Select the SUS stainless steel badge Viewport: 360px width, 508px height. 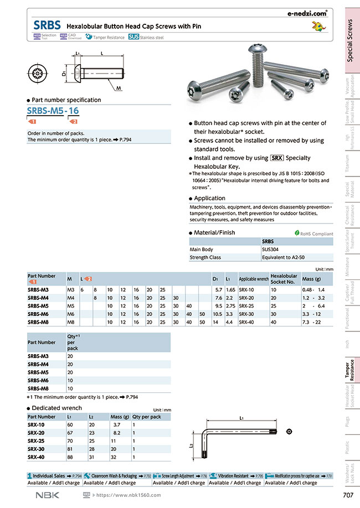pos(133,37)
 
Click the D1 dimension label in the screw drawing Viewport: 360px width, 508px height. pos(64,72)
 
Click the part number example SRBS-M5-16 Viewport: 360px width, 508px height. pos(53,111)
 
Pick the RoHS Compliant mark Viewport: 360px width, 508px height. pos(313,234)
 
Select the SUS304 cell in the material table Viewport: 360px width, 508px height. pos(270,249)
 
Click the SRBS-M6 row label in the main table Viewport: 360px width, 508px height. pos(38,313)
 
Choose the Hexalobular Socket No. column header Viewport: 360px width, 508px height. pos(284,278)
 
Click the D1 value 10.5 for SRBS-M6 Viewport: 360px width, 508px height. pos(218,313)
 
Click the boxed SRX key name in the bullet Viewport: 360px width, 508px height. pos(277,158)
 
